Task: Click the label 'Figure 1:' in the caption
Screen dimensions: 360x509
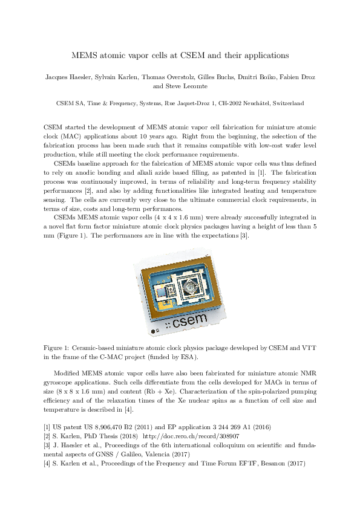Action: coord(58,348)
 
